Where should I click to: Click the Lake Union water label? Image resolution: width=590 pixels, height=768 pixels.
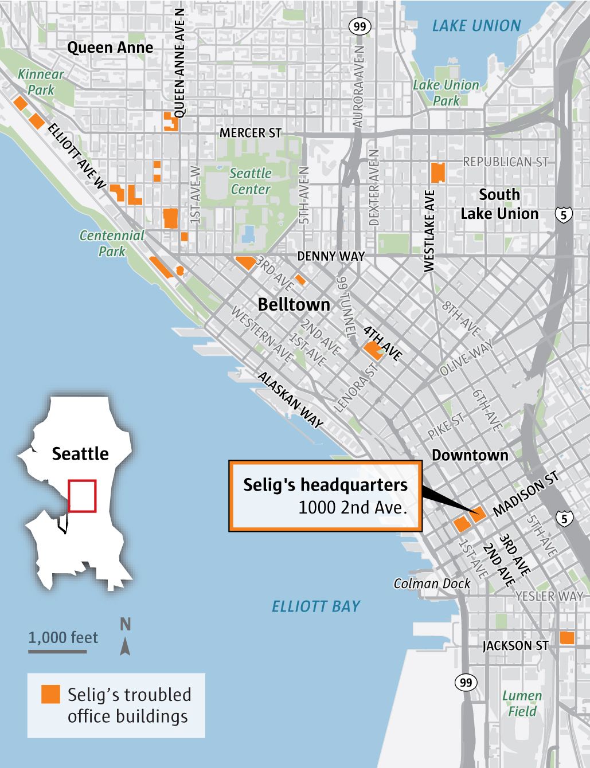point(476,26)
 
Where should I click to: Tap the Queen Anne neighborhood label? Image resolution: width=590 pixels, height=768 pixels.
point(110,48)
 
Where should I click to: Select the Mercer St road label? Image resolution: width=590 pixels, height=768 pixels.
point(251,133)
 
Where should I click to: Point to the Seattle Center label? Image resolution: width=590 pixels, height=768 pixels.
point(250,181)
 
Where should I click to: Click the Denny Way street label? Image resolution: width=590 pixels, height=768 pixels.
point(331,256)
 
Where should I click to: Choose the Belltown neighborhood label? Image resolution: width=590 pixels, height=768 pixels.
point(294,304)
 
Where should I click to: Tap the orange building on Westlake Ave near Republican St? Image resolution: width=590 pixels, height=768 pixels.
point(437,172)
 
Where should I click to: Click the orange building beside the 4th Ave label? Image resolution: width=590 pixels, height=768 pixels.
point(373,350)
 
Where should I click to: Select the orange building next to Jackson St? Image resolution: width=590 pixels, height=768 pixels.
point(566,638)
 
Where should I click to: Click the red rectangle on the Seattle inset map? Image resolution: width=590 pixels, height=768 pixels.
point(82,496)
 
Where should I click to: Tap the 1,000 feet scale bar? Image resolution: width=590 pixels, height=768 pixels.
point(57,652)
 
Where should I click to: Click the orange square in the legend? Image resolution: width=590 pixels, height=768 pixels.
point(50,694)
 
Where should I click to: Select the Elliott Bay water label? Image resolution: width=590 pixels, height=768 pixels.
point(316,606)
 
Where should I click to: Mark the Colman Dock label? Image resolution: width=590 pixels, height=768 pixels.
point(432,583)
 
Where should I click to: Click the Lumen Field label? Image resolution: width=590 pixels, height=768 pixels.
point(522,704)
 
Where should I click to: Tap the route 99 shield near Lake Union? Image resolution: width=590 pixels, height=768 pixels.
point(360,26)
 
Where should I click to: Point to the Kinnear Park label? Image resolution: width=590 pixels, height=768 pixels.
point(41,82)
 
